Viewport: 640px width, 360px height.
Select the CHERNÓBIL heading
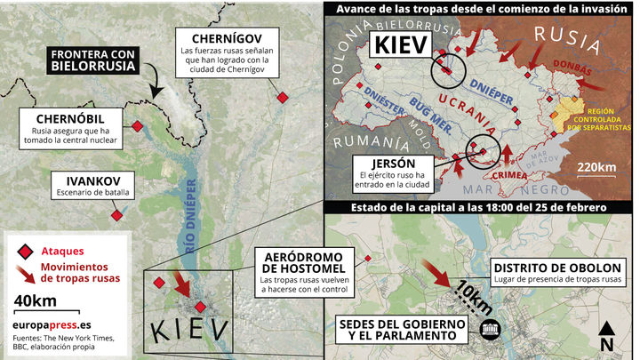(72, 119)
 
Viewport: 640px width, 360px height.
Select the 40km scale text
(36, 300)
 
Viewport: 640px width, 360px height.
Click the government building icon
(488, 331)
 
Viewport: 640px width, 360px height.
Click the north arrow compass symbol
(607, 335)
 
